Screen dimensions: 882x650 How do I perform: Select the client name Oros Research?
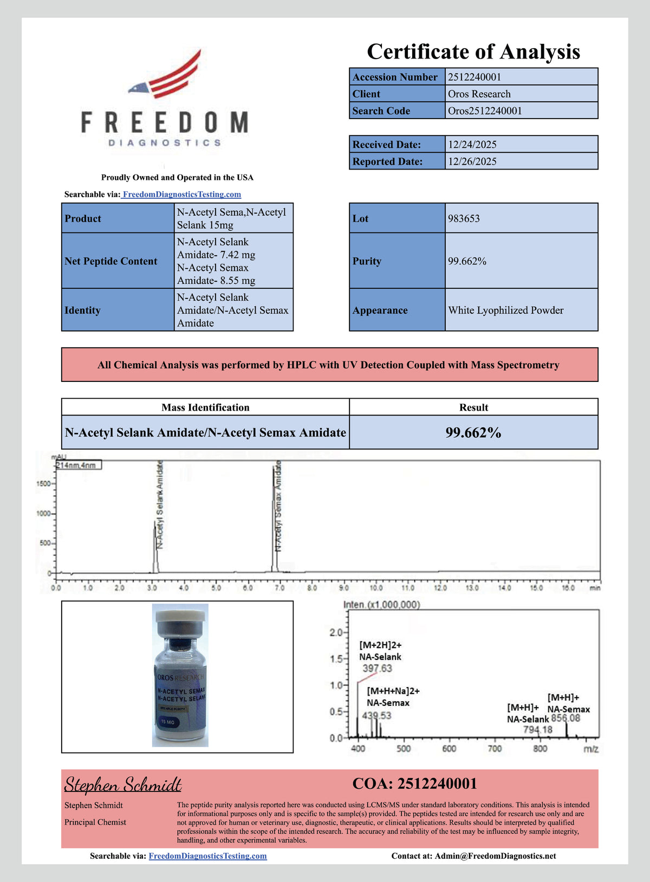tap(479, 94)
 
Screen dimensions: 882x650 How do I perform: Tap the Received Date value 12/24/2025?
tap(472, 145)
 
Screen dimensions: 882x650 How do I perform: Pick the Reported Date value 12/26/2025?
tap(472, 161)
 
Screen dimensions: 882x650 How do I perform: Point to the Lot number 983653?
tap(464, 219)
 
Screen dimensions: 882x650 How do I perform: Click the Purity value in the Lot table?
tap(467, 261)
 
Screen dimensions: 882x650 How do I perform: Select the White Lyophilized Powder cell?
tap(505, 310)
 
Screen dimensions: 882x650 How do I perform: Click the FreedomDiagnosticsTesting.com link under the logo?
tap(181, 194)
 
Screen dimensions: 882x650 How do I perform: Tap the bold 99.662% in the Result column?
tap(473, 433)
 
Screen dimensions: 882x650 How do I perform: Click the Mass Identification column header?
tap(205, 407)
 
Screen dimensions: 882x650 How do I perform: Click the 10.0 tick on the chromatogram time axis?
tap(376, 588)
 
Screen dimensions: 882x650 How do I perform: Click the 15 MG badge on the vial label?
tap(167, 722)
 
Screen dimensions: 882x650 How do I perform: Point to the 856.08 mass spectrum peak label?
tap(565, 718)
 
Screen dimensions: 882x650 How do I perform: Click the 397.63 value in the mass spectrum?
tap(377, 669)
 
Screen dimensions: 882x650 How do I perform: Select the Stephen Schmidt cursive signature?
tap(123, 785)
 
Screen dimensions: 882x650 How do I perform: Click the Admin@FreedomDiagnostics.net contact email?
tap(495, 856)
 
